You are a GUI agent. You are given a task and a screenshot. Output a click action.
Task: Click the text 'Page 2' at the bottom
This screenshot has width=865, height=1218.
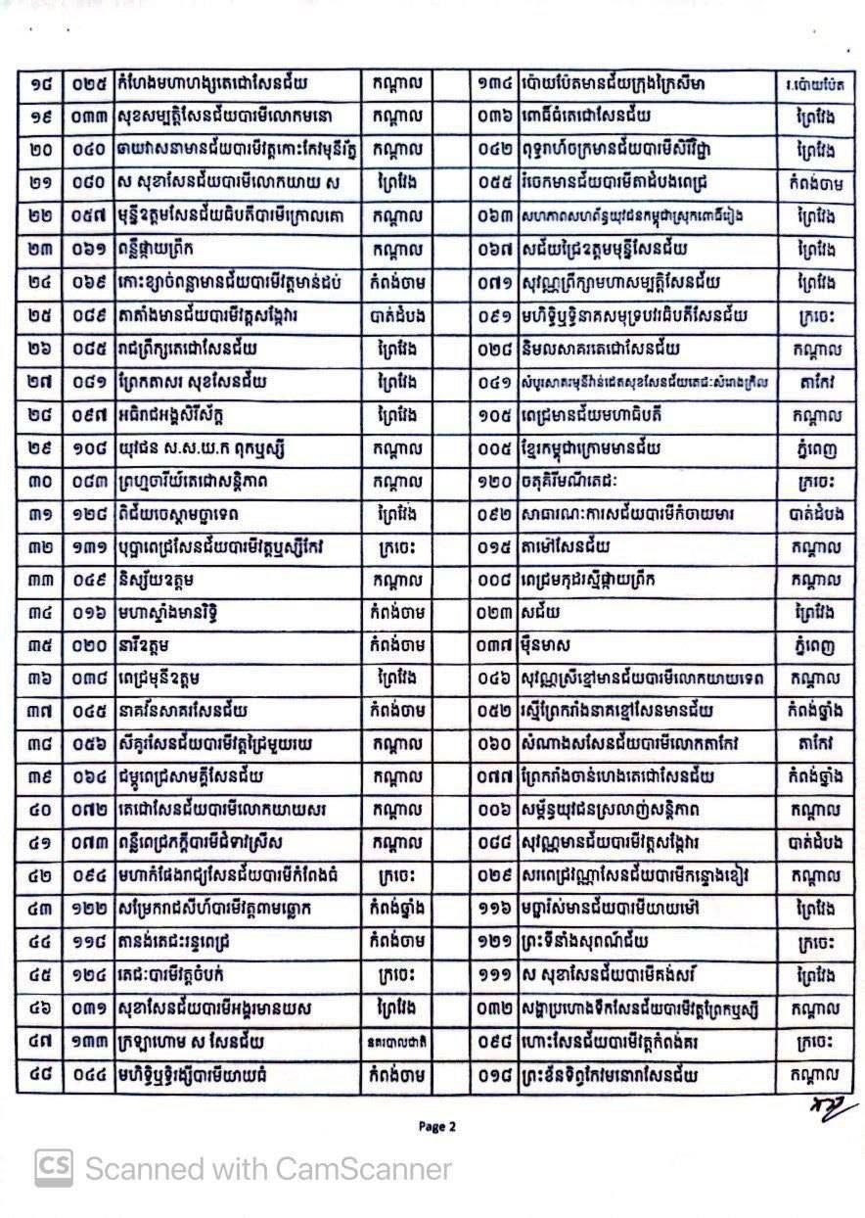437,1126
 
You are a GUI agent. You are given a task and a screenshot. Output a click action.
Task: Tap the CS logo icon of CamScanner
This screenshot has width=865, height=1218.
55,1168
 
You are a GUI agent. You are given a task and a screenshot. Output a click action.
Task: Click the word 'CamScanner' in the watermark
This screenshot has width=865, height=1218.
364,1169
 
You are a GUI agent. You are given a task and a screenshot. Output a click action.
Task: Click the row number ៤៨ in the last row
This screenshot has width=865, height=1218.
40,1077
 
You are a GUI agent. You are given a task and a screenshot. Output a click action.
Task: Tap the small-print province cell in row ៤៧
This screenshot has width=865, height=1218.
396,1044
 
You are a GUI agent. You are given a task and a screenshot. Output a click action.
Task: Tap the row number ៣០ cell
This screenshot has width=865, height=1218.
40,482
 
